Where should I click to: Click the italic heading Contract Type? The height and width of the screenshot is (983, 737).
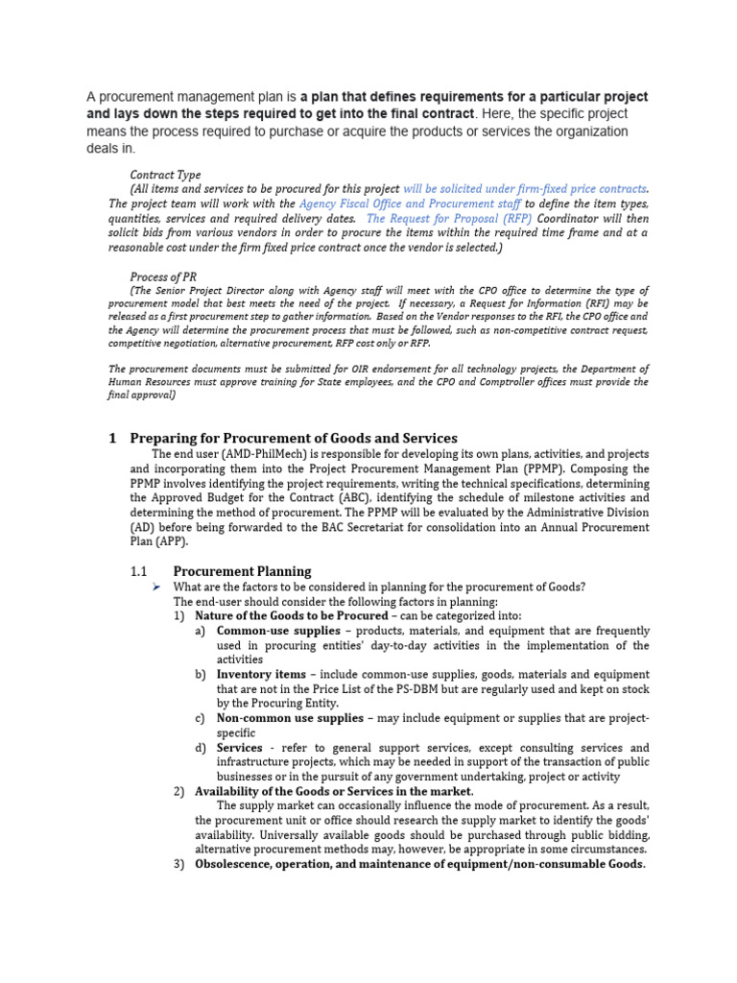165,175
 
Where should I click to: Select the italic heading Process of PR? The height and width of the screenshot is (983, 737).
163,276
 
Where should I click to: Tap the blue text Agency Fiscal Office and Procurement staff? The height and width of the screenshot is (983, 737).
410,204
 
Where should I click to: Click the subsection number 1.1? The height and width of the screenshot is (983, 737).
139,571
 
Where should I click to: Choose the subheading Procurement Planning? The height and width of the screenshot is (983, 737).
242,571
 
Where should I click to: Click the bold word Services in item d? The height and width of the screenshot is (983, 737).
240,748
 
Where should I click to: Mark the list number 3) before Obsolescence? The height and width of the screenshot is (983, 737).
179,864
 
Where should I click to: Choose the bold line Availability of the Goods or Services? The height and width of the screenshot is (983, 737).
334,791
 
